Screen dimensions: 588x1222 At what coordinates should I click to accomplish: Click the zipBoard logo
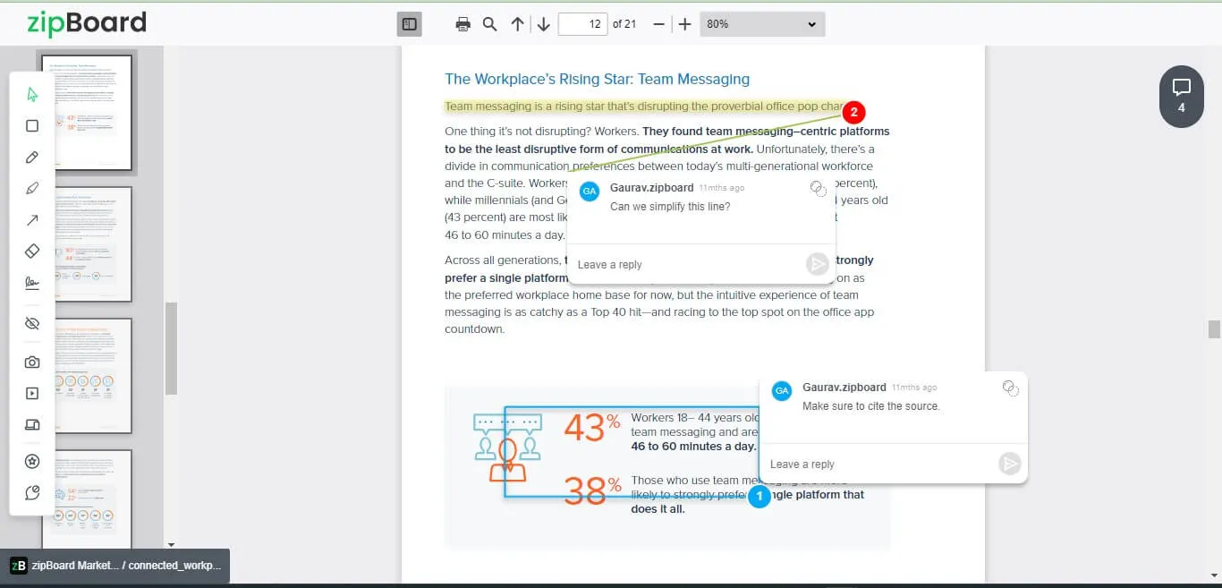click(x=86, y=23)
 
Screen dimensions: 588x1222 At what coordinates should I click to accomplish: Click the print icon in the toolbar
click(x=462, y=24)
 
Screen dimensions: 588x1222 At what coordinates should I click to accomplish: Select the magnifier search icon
click(x=489, y=24)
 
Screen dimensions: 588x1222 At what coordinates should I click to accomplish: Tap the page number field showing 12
click(x=582, y=24)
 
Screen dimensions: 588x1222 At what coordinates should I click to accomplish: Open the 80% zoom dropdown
click(x=762, y=24)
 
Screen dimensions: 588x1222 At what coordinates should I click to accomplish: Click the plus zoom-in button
click(x=684, y=24)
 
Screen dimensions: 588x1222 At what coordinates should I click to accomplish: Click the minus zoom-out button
click(x=659, y=24)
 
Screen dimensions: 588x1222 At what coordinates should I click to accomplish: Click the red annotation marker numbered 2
click(x=853, y=113)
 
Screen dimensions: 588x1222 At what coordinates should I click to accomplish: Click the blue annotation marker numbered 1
click(x=759, y=495)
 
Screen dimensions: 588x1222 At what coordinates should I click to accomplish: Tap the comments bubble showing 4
click(x=1181, y=96)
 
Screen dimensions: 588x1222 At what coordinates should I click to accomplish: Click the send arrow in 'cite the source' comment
click(x=1010, y=464)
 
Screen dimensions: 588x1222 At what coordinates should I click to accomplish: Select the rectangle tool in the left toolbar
click(x=32, y=126)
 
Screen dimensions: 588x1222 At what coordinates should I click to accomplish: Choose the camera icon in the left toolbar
click(x=32, y=362)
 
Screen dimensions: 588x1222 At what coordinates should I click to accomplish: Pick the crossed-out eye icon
click(x=32, y=323)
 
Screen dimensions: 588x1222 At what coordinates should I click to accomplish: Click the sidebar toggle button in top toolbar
click(x=409, y=24)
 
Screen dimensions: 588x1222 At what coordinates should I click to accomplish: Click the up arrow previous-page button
click(x=517, y=24)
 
